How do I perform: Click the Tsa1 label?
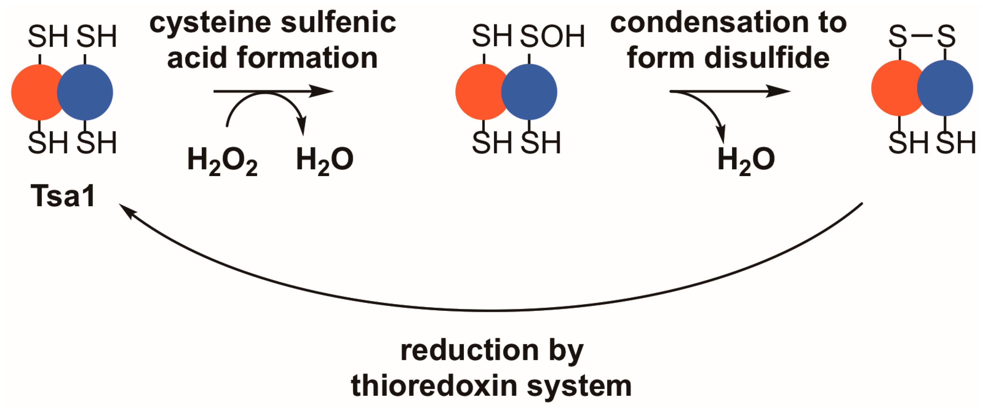point(63,196)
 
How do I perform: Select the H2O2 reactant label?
point(222,160)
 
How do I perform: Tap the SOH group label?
point(552,37)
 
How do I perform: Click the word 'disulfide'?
point(767,58)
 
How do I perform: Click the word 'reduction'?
point(470,350)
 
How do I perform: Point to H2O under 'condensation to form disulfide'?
point(746,160)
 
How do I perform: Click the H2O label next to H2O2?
point(325,160)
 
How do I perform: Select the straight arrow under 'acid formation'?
point(273,91)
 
